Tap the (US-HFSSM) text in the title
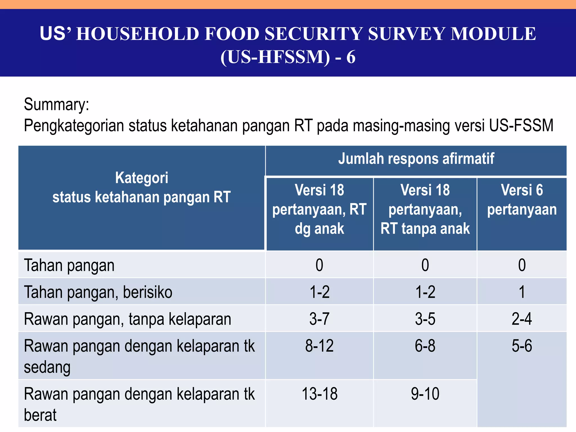[275, 57]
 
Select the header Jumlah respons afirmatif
[416, 159]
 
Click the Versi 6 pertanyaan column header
[522, 200]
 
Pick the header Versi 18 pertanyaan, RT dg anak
[319, 209]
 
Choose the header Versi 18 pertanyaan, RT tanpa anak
[425, 209]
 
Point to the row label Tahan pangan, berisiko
[98, 292]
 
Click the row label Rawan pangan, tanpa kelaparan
[127, 319]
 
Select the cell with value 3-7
[319, 319]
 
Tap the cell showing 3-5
[425, 319]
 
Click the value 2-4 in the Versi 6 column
[522, 319]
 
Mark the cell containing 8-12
[319, 346]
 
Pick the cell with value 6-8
[425, 346]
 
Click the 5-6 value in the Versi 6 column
[522, 346]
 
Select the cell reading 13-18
[319, 394]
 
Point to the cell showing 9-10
[425, 394]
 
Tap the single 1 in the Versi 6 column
[522, 292]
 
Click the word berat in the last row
[40, 415]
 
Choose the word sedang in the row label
[47, 367]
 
